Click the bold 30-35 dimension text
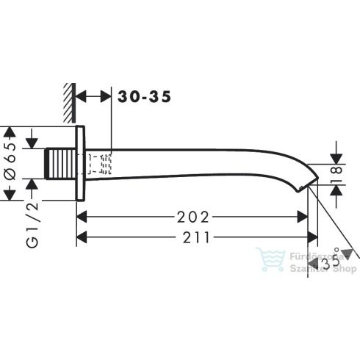(144, 96)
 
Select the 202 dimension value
(193, 217)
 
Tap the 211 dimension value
(196, 237)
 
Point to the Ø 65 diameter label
(10, 161)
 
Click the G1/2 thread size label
(32, 225)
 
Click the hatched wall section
(70, 103)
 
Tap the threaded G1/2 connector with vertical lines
(60, 164)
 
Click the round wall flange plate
(80, 163)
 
